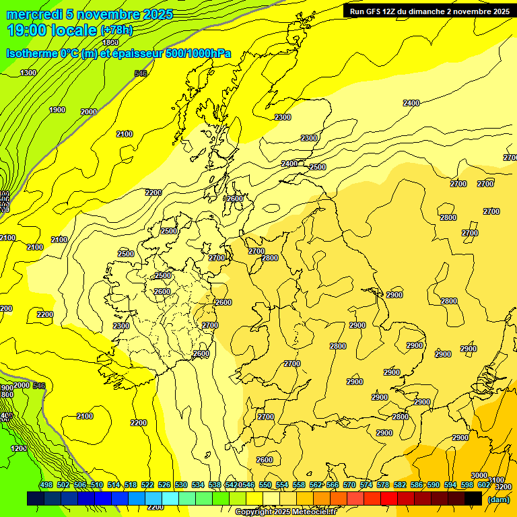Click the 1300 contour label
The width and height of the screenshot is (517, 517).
point(28,73)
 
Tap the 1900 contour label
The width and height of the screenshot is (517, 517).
point(57,110)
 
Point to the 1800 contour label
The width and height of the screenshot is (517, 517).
point(110,42)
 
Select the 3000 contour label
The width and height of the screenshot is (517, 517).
point(479,475)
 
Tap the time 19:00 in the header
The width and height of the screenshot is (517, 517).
point(28,30)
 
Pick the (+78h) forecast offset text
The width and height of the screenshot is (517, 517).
point(116,30)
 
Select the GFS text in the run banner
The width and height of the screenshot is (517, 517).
point(374,11)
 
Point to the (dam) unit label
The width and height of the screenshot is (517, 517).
point(498,499)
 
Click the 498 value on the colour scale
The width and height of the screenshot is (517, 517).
point(46,485)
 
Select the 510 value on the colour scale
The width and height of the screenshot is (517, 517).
point(97,485)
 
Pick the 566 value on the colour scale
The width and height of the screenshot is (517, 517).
point(333,485)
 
